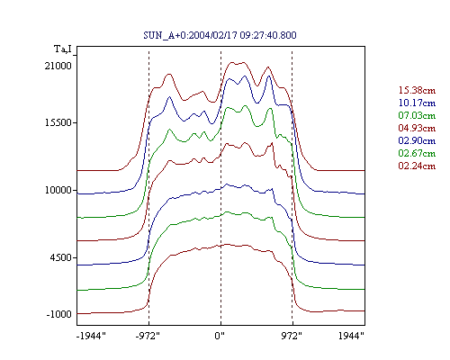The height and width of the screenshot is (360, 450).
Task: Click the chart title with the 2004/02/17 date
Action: tap(220, 35)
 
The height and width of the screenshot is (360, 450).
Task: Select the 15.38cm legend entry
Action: tap(417, 90)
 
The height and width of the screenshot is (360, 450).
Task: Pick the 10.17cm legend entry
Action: tap(417, 103)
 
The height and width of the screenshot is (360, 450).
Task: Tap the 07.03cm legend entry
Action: tap(417, 115)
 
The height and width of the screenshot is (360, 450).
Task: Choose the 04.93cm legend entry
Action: tap(417, 128)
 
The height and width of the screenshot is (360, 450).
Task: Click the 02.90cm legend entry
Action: tap(417, 140)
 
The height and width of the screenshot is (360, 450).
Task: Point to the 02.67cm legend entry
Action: tap(417, 153)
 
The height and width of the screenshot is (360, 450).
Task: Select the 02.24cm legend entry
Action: tap(417, 166)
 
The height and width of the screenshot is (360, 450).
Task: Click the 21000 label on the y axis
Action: tap(58, 66)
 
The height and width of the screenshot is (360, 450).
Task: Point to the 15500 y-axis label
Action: tap(58, 122)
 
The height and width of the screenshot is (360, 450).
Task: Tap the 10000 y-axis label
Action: tap(58, 190)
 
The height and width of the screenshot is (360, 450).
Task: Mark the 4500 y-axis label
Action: tap(61, 257)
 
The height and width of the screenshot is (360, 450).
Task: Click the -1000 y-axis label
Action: tap(59, 314)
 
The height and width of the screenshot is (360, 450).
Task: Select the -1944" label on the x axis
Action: tap(91, 336)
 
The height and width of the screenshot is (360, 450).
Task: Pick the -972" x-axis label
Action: tap(148, 336)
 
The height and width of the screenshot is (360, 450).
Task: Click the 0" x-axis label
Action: tap(220, 336)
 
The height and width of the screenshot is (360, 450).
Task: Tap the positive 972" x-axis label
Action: tap(292, 336)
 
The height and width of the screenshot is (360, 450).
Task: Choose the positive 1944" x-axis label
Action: tap(351, 336)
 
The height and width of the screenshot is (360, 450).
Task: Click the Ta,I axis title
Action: tap(63, 49)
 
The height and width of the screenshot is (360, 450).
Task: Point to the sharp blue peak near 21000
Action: tap(269, 76)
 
